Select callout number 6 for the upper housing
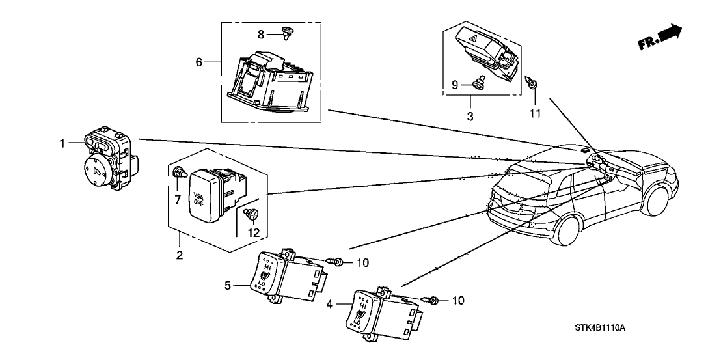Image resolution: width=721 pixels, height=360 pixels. tap(200, 62)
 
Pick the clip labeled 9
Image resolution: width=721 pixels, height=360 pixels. tap(480, 83)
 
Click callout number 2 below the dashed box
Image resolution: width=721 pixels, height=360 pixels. tap(179, 255)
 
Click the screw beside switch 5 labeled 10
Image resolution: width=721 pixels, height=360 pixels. tap(337, 262)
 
